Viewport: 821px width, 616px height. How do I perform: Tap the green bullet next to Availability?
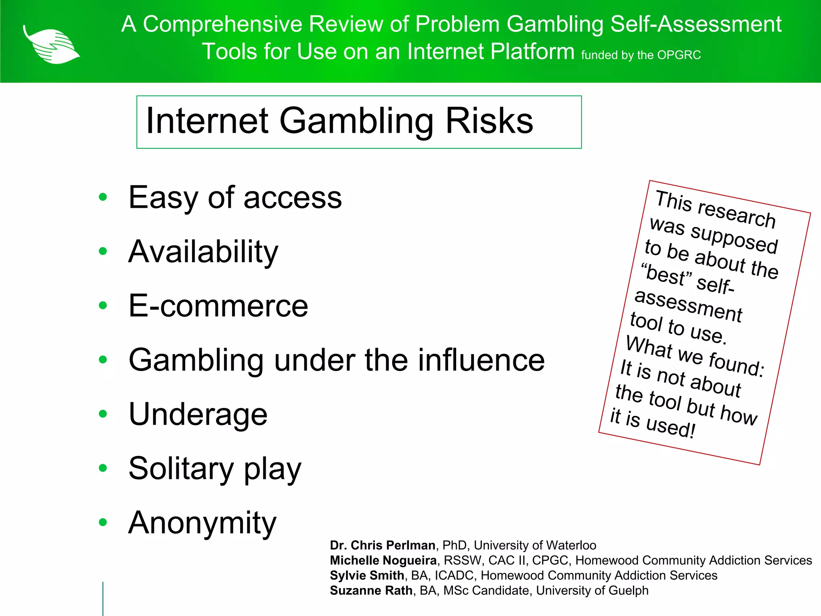tap(103, 251)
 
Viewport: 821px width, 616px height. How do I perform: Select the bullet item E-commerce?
tap(218, 306)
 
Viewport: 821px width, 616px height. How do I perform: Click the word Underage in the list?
tap(198, 414)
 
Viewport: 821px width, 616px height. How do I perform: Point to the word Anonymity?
tap(202, 523)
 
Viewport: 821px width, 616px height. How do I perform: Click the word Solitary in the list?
tap(181, 468)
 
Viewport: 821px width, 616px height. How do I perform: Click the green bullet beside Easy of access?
tap(103, 197)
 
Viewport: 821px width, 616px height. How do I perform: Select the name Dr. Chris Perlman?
tap(382, 545)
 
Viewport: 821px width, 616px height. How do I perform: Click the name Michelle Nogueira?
tap(383, 560)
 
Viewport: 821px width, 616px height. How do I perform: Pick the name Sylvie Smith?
tap(367, 575)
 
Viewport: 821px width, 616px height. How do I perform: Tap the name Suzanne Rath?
tap(371, 591)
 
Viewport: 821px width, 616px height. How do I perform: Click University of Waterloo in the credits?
tap(535, 545)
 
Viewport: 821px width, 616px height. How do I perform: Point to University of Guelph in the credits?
tap(592, 591)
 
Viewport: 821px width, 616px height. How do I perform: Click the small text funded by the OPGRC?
tap(641, 55)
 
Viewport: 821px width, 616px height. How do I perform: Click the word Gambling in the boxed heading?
tap(356, 121)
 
